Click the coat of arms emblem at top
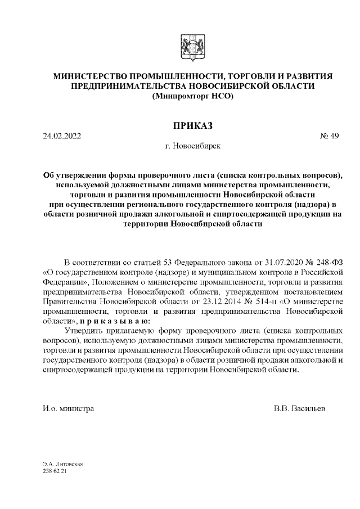click(x=187, y=46)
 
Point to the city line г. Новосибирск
click(x=190, y=146)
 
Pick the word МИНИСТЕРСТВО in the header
click(x=91, y=76)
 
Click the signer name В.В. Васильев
click(x=299, y=407)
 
